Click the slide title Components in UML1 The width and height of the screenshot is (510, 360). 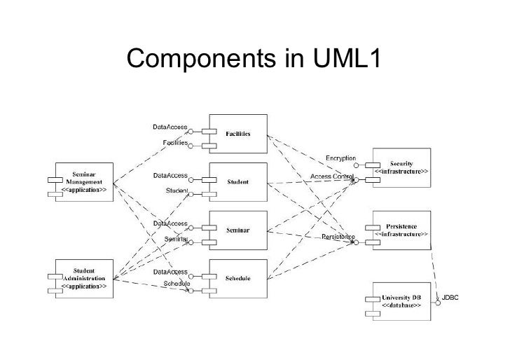tap(254, 60)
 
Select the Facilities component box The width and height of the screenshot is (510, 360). tap(238, 133)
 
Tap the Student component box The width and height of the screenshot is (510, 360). tap(238, 181)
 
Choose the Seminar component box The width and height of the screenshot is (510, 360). tap(238, 230)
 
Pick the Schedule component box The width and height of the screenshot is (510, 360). tap(238, 277)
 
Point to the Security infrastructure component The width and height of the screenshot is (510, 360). tap(401, 167)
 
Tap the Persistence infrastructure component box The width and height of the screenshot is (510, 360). tap(401, 230)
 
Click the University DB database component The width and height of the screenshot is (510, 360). tap(401, 302)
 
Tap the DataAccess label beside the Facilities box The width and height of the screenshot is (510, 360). tap(170, 127)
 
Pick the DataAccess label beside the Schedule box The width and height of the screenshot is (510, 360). tap(170, 271)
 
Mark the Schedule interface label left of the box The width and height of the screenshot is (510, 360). tap(177, 283)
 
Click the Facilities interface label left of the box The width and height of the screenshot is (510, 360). tap(175, 141)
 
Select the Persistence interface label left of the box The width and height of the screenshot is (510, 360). tap(338, 237)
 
